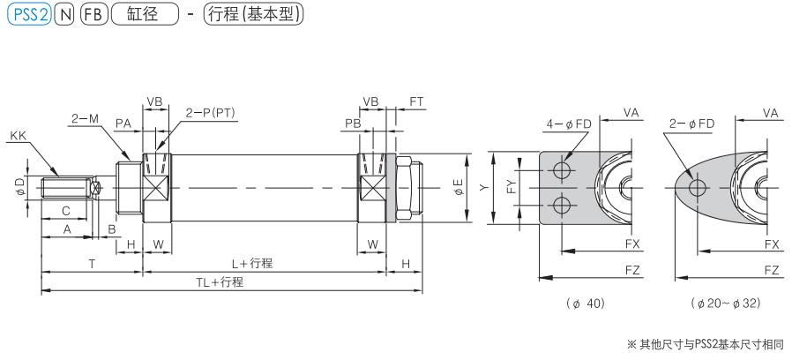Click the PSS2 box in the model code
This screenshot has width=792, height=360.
click(x=27, y=15)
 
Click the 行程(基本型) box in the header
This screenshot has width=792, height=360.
click(x=252, y=15)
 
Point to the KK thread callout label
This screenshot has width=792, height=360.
click(x=18, y=136)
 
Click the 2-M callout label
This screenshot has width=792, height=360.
click(x=85, y=117)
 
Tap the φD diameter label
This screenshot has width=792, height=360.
click(x=19, y=188)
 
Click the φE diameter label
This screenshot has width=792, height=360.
click(x=457, y=187)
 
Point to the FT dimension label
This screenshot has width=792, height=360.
click(x=416, y=102)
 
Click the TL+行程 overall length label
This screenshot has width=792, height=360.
click(x=219, y=281)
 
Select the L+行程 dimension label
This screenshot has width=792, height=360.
click(x=251, y=263)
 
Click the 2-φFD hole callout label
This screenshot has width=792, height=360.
click(x=691, y=124)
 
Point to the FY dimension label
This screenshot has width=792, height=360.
click(x=510, y=187)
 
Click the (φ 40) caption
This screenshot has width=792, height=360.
click(x=587, y=304)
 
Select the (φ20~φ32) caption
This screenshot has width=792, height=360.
click(x=727, y=304)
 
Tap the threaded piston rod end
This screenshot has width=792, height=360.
click(x=69, y=188)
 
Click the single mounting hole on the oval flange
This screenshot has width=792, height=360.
click(x=697, y=187)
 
